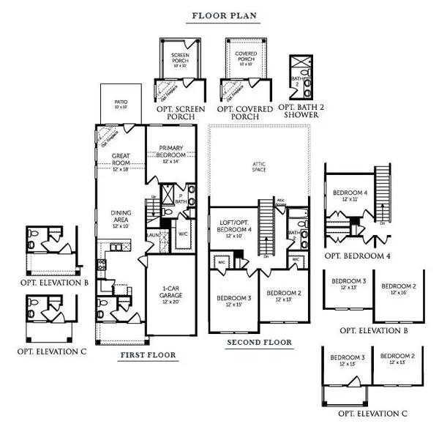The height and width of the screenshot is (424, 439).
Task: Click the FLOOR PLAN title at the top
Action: coord(224,15)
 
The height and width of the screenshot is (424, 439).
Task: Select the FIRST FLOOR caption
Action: coord(149,355)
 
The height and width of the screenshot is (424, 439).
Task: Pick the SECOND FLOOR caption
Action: coord(259,342)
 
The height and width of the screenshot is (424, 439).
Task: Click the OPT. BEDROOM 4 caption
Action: coord(364,256)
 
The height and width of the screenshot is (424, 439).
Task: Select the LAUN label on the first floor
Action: coord(152,234)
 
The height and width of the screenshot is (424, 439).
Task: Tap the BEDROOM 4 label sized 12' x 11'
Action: coord(350,194)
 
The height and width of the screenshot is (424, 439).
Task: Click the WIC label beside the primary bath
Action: coord(184,234)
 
